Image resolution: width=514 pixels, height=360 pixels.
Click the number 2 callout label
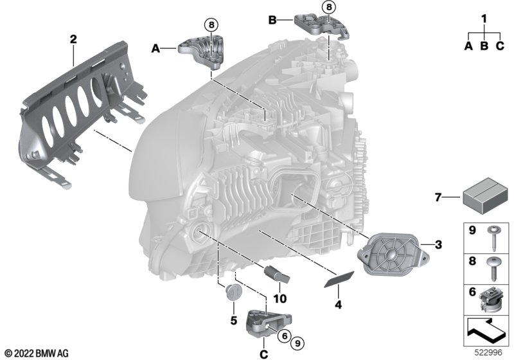(x=73, y=39)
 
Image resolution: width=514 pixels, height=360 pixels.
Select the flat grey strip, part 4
(x=339, y=279)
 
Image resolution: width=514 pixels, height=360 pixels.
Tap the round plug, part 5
(x=233, y=292)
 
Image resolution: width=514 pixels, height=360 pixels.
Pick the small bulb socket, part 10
(x=276, y=274)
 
